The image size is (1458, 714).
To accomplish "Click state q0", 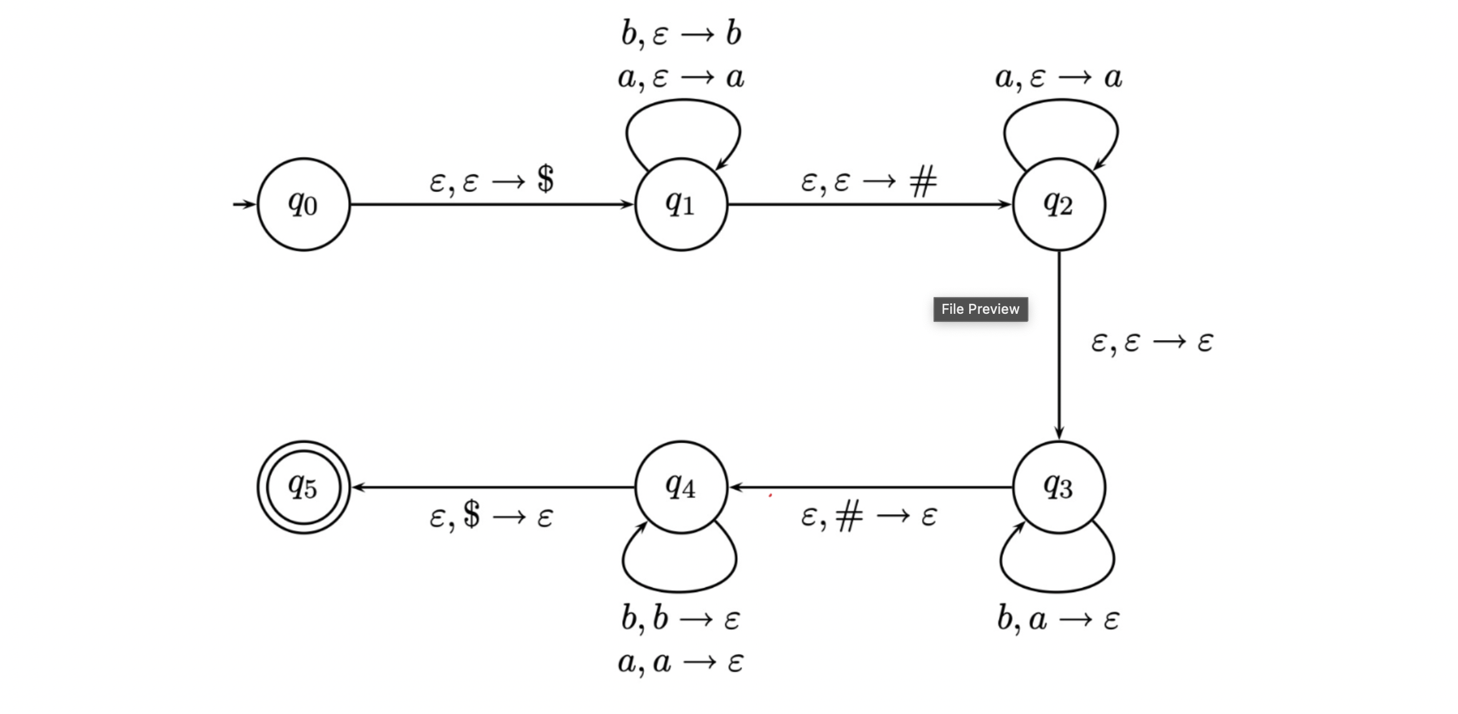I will (303, 204).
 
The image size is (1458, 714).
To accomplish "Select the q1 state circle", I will (681, 204).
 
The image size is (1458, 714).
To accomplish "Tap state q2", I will (1058, 204).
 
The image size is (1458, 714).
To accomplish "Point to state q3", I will (1058, 487).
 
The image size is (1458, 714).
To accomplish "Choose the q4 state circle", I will (681, 487).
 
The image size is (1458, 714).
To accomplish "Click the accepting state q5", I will (303, 487).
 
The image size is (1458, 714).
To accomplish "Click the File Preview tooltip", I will (980, 309).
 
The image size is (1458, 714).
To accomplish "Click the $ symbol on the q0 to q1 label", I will (545, 179).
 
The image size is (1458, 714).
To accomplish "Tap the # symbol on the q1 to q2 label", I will (923, 182).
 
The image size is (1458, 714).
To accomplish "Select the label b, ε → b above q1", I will (681, 33).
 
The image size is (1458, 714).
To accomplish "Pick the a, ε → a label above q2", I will (1058, 78).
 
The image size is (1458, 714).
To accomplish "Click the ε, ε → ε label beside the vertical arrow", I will (1152, 343).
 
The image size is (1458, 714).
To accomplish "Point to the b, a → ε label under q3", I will (1058, 620).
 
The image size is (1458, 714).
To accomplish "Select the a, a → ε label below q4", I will (681, 662).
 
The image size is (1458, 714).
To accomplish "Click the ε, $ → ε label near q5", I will (491, 516).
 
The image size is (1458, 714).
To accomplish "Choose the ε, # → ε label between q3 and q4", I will (868, 516).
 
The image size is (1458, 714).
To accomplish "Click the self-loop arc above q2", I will (1060, 101).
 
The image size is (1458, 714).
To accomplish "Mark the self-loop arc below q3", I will (1058, 590).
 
